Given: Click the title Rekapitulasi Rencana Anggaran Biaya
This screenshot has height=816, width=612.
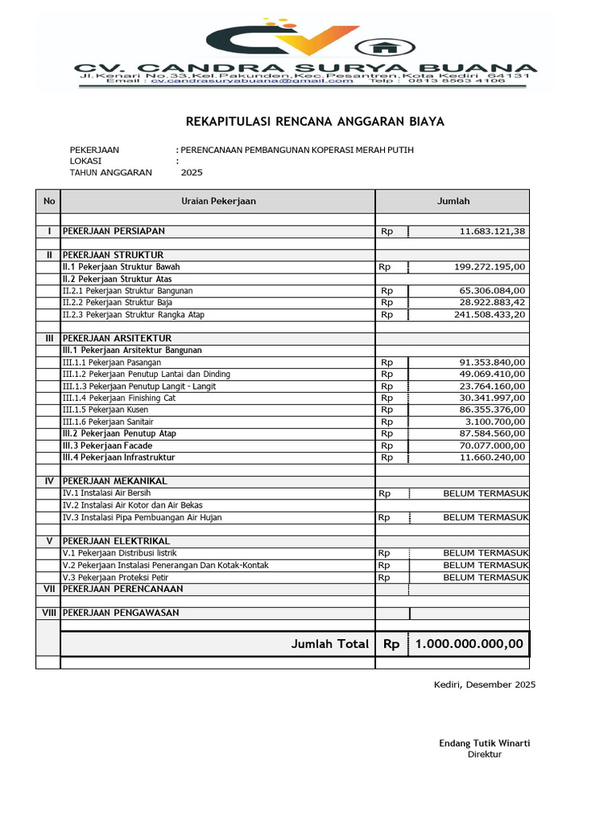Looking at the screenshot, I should (x=315, y=122).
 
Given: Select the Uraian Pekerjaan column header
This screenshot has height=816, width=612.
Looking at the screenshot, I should (x=218, y=202).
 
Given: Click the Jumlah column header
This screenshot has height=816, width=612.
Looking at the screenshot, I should (x=453, y=202).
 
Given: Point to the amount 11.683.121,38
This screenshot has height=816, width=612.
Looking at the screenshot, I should (x=492, y=232).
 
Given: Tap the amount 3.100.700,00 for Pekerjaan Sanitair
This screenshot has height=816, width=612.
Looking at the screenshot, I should (x=496, y=422).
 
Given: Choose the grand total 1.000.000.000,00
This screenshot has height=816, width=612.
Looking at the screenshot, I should (x=469, y=644).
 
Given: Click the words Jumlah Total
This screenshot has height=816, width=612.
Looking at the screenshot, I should (x=330, y=644).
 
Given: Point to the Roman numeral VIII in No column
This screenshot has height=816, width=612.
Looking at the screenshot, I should (x=48, y=613).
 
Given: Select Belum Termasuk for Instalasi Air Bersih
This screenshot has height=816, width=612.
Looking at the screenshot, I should (x=485, y=494).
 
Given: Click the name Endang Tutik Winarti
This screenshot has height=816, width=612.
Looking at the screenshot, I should (x=484, y=743).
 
